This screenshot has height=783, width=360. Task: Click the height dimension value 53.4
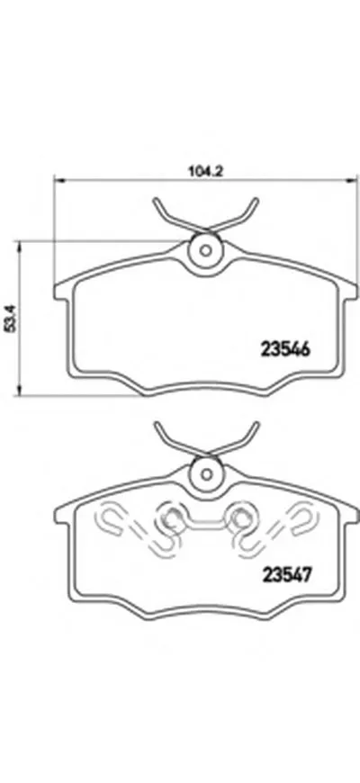[x=11, y=318]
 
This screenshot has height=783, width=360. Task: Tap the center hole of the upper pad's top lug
[x=205, y=249]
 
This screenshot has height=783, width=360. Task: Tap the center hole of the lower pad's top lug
[x=205, y=470]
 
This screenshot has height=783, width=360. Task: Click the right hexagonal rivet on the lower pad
[x=239, y=517]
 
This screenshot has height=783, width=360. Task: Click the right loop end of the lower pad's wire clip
[x=304, y=517]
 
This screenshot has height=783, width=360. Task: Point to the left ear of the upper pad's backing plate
[x=59, y=290]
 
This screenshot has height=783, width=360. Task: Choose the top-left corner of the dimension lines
[x=56, y=179]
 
